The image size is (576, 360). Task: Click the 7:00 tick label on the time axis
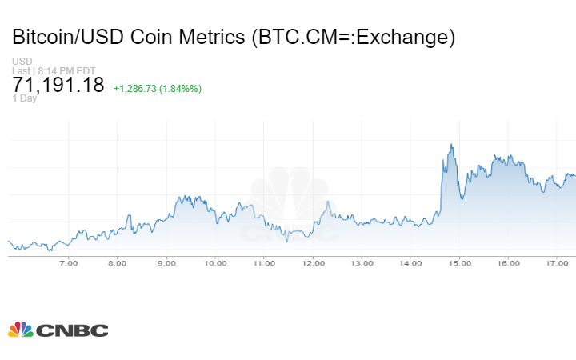(x=69, y=263)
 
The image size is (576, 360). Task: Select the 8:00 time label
(x=118, y=263)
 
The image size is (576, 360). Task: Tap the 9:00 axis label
(x=166, y=263)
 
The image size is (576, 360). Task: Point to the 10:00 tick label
(x=215, y=263)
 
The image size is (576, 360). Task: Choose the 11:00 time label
(x=264, y=263)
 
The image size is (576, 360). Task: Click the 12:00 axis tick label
(x=313, y=263)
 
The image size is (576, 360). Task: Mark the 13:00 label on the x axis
(x=362, y=263)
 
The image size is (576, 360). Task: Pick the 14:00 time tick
(x=410, y=263)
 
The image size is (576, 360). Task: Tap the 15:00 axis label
(x=459, y=263)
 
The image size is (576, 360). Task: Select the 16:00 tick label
(x=508, y=263)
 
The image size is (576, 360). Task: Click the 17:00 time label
(x=557, y=263)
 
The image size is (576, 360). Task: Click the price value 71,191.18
(x=58, y=86)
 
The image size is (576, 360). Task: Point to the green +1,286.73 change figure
(x=138, y=88)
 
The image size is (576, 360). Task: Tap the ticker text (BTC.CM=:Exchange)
(x=353, y=38)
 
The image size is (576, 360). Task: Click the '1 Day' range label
(x=25, y=98)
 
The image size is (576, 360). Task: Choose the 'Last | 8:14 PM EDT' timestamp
(x=54, y=70)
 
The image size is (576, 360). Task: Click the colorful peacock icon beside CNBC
(x=20, y=330)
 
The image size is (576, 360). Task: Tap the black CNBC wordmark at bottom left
(x=72, y=330)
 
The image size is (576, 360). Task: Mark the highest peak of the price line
(x=452, y=145)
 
